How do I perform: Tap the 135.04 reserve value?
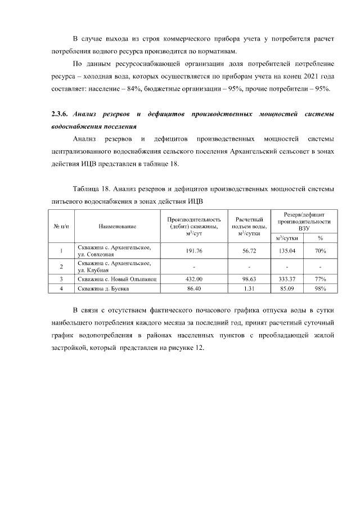(x=287, y=251)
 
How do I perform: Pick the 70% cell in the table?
(x=320, y=251)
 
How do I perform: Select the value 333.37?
(x=287, y=278)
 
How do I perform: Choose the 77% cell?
(x=320, y=278)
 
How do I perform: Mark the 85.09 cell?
(x=287, y=289)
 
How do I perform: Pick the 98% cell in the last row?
(x=320, y=289)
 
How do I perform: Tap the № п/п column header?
(x=61, y=226)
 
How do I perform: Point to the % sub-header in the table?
(x=320, y=238)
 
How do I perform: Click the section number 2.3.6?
(x=60, y=115)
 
